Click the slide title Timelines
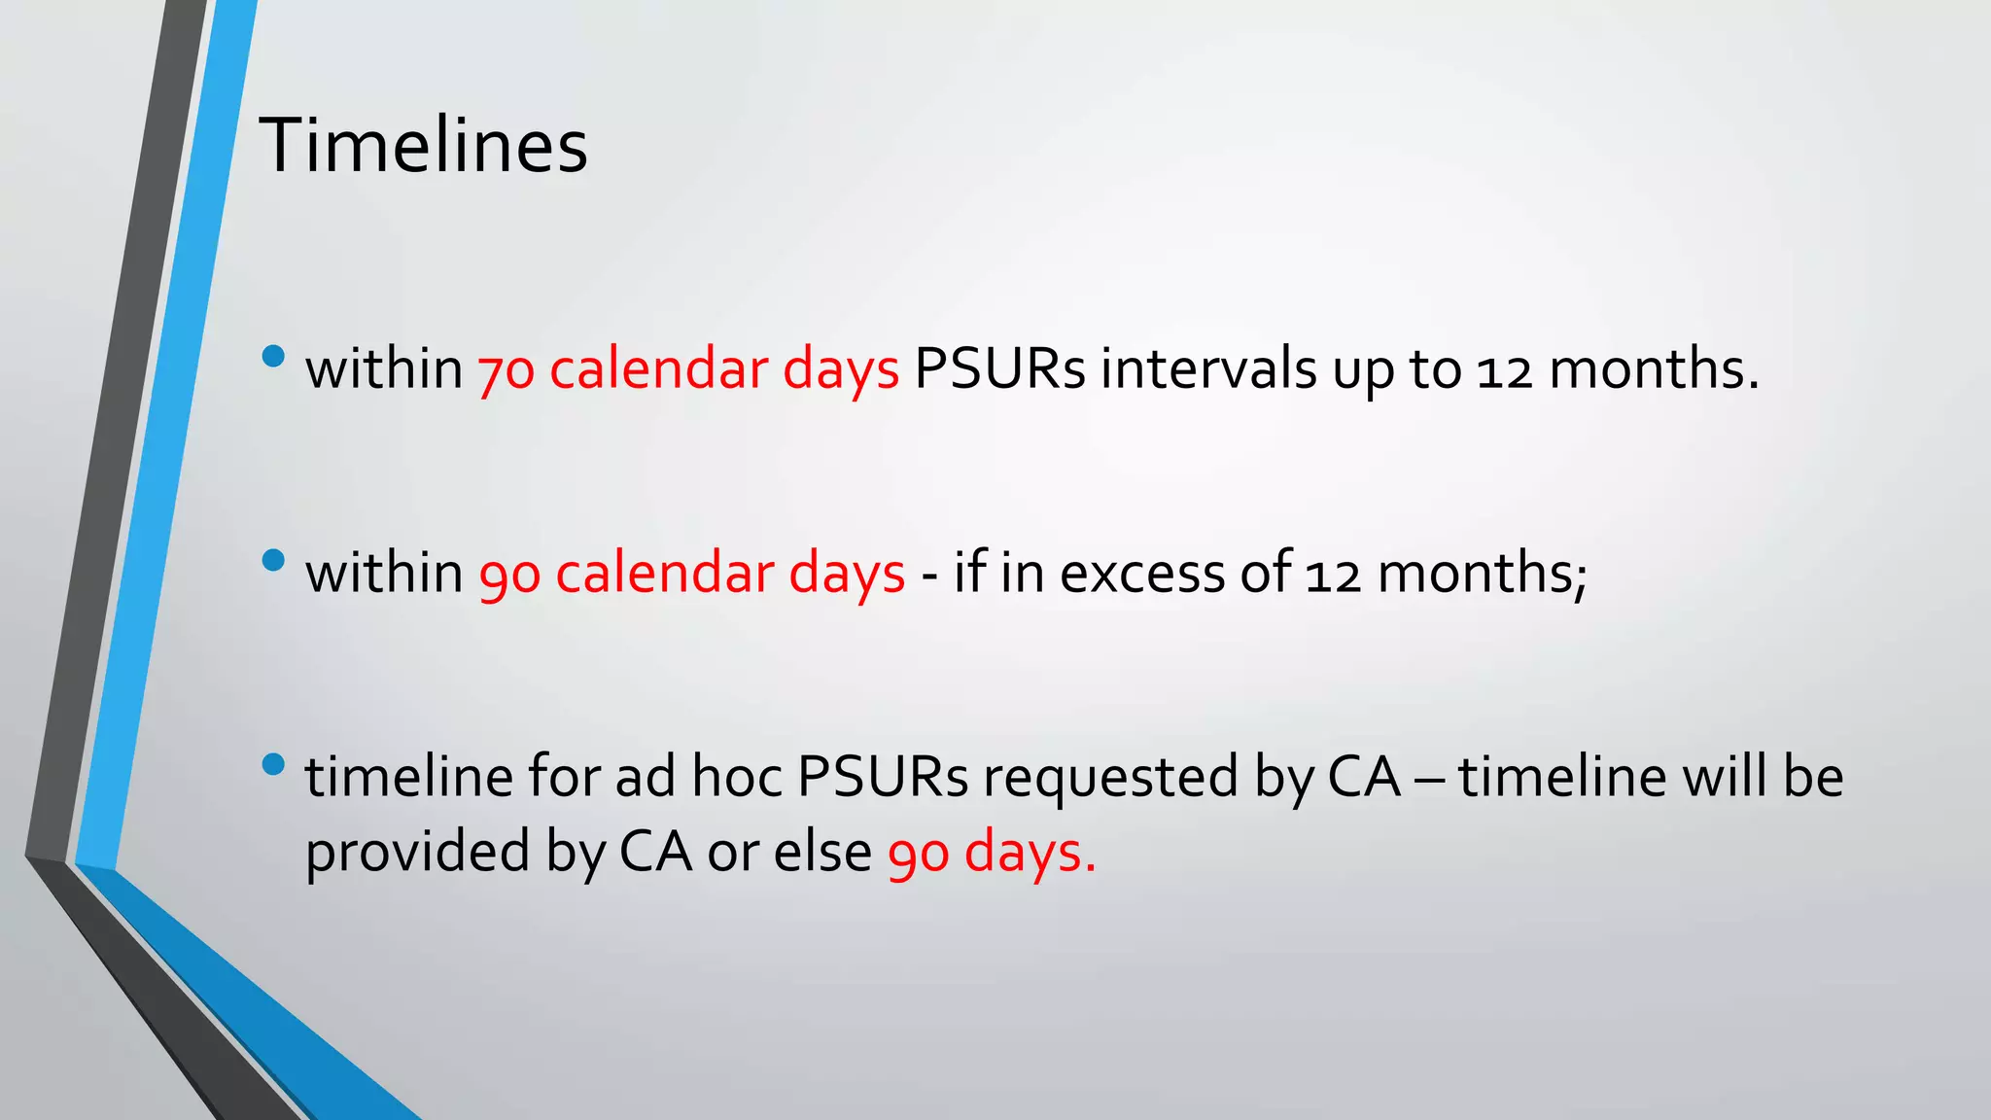click(423, 146)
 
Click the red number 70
click(506, 370)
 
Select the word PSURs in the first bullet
click(998, 368)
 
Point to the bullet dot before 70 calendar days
click(273, 356)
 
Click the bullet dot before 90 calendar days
click(273, 560)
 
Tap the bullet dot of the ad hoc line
click(273, 764)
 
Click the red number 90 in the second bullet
click(508, 575)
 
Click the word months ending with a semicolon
click(1482, 573)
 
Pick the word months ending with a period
click(1654, 368)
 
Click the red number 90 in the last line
click(918, 855)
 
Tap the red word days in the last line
click(1029, 853)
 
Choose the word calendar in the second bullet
click(664, 573)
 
